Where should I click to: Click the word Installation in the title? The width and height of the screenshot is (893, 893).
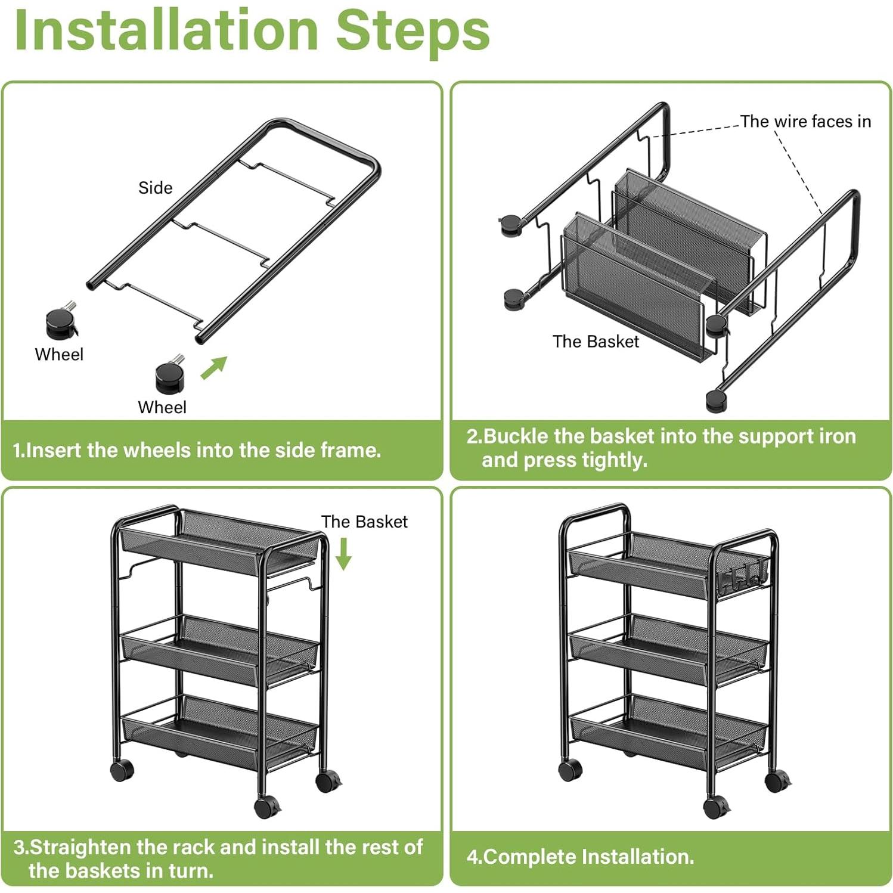coord(166,30)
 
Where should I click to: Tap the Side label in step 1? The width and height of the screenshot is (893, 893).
coord(155,188)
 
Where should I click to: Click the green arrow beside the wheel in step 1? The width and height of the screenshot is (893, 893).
coord(214,367)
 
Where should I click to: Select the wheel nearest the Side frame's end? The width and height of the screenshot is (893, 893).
coord(170,374)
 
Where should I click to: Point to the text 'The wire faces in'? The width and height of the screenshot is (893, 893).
coord(805,122)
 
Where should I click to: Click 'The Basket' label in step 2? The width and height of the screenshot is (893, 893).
coord(596,342)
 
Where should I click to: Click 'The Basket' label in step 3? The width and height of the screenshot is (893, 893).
coord(364,522)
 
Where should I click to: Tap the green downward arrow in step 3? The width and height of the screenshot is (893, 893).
coord(343,554)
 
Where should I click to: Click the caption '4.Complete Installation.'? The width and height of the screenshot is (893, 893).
coord(581,857)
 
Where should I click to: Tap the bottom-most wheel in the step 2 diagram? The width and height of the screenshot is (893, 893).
coord(715,401)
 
